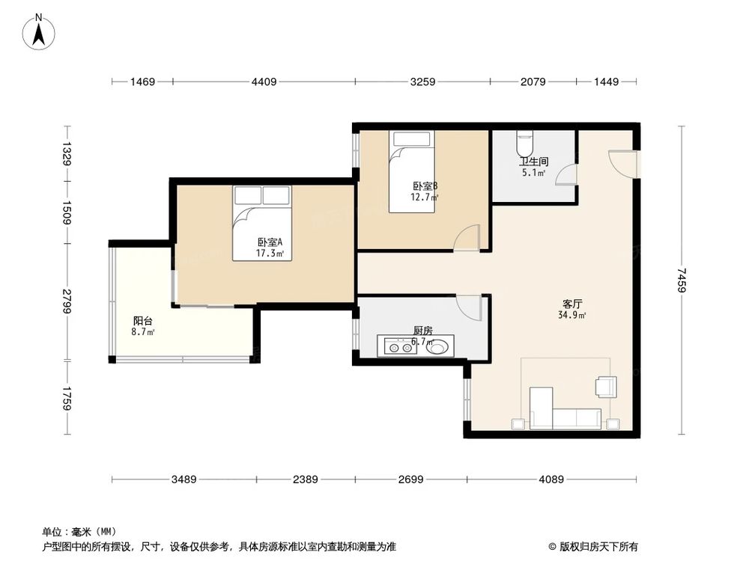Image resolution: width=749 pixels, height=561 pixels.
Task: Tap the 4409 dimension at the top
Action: (263, 82)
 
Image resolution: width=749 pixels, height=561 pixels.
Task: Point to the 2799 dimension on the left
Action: (67, 301)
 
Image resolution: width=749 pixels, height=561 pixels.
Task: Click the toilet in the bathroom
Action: (524, 141)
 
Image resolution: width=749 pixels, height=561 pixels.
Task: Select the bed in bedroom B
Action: (413, 171)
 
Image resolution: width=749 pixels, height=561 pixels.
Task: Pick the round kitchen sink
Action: (440, 346)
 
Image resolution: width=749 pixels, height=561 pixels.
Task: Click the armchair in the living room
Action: (605, 387)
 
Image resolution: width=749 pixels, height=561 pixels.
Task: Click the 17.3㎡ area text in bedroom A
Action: (270, 254)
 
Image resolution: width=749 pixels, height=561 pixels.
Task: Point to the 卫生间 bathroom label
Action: (534, 162)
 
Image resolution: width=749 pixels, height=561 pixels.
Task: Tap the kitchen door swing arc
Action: (470, 307)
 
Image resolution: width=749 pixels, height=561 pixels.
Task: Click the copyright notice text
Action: (598, 547)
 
